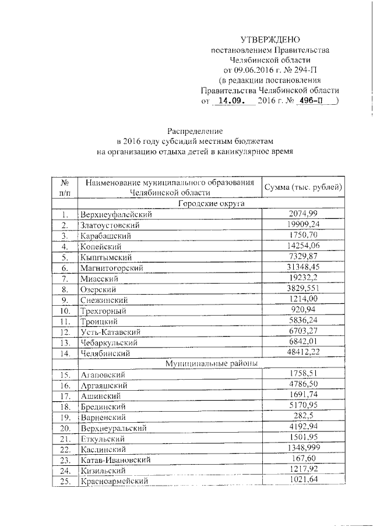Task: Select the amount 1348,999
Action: click(303, 448)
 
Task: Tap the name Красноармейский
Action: click(114, 481)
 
